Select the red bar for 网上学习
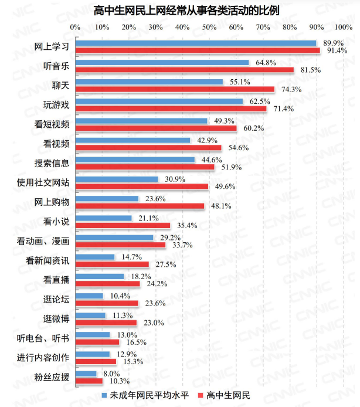tap(198, 50)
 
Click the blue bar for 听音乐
tap(162, 62)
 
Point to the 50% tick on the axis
tap(209, 27)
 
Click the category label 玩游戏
tap(57, 104)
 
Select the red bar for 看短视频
tap(156, 128)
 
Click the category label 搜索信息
tap(53, 162)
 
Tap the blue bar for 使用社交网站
tap(117, 179)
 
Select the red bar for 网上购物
tap(140, 206)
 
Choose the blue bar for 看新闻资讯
tap(95, 256)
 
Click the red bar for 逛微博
tap(106, 322)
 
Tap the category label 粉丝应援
tap(53, 375)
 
